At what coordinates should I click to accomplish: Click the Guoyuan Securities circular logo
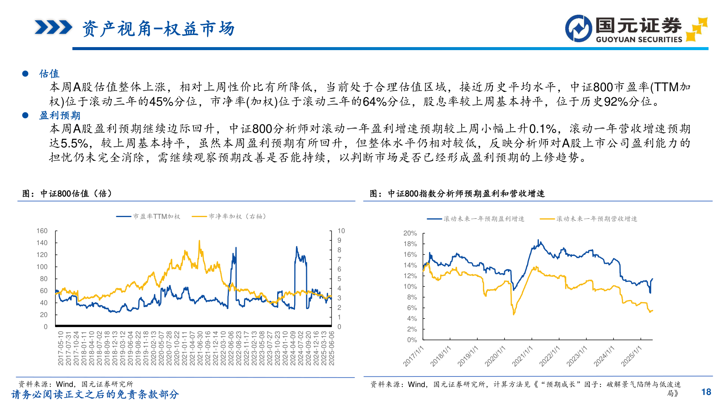pos(578,29)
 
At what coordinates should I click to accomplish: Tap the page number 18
pos(706,392)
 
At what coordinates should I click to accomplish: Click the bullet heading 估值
pos(49,73)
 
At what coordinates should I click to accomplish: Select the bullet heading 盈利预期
pos(60,115)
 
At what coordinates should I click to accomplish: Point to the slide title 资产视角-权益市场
pos(158,29)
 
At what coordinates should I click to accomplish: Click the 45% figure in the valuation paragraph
pos(161,101)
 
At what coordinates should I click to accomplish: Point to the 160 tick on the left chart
pos(42,231)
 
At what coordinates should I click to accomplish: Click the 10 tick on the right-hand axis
pos(341,231)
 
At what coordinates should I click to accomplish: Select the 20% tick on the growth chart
pos(410,233)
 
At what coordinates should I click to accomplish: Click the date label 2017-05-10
pos(60,348)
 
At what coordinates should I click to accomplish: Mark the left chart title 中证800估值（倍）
pos(67,193)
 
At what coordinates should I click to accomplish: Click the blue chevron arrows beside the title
pos(53,28)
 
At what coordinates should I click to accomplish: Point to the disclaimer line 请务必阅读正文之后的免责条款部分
pos(95,394)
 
